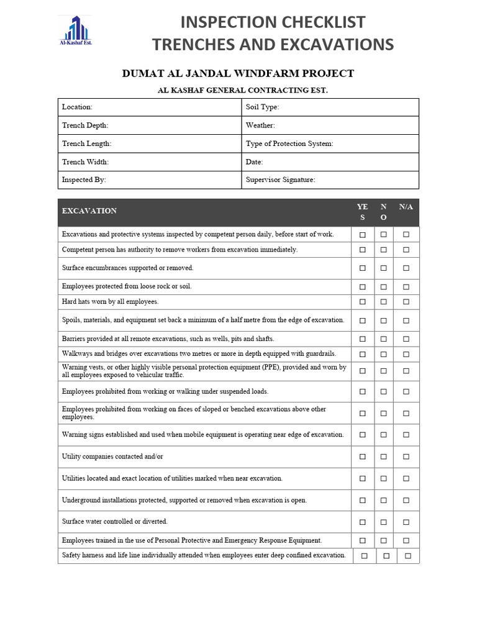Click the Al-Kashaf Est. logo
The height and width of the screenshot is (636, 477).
click(x=75, y=31)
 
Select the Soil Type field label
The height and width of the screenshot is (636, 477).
click(x=262, y=107)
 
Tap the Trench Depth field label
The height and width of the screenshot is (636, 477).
click(x=85, y=125)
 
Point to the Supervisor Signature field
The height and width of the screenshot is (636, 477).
click(x=280, y=179)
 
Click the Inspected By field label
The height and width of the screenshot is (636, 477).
click(x=84, y=179)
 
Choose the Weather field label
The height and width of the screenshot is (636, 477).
click(x=260, y=125)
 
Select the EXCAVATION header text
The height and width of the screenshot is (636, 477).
click(x=89, y=211)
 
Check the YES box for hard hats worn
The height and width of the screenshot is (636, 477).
click(x=363, y=302)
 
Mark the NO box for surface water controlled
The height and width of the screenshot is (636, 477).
click(x=383, y=522)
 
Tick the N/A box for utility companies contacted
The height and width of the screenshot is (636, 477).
click(x=406, y=457)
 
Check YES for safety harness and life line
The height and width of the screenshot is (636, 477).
click(x=365, y=556)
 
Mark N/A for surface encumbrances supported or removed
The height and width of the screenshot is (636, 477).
click(x=406, y=268)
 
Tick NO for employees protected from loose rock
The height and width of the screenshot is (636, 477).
click(x=383, y=287)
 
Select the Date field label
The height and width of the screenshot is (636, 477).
click(x=254, y=161)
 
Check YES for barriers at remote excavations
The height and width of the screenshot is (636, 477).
click(x=363, y=339)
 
